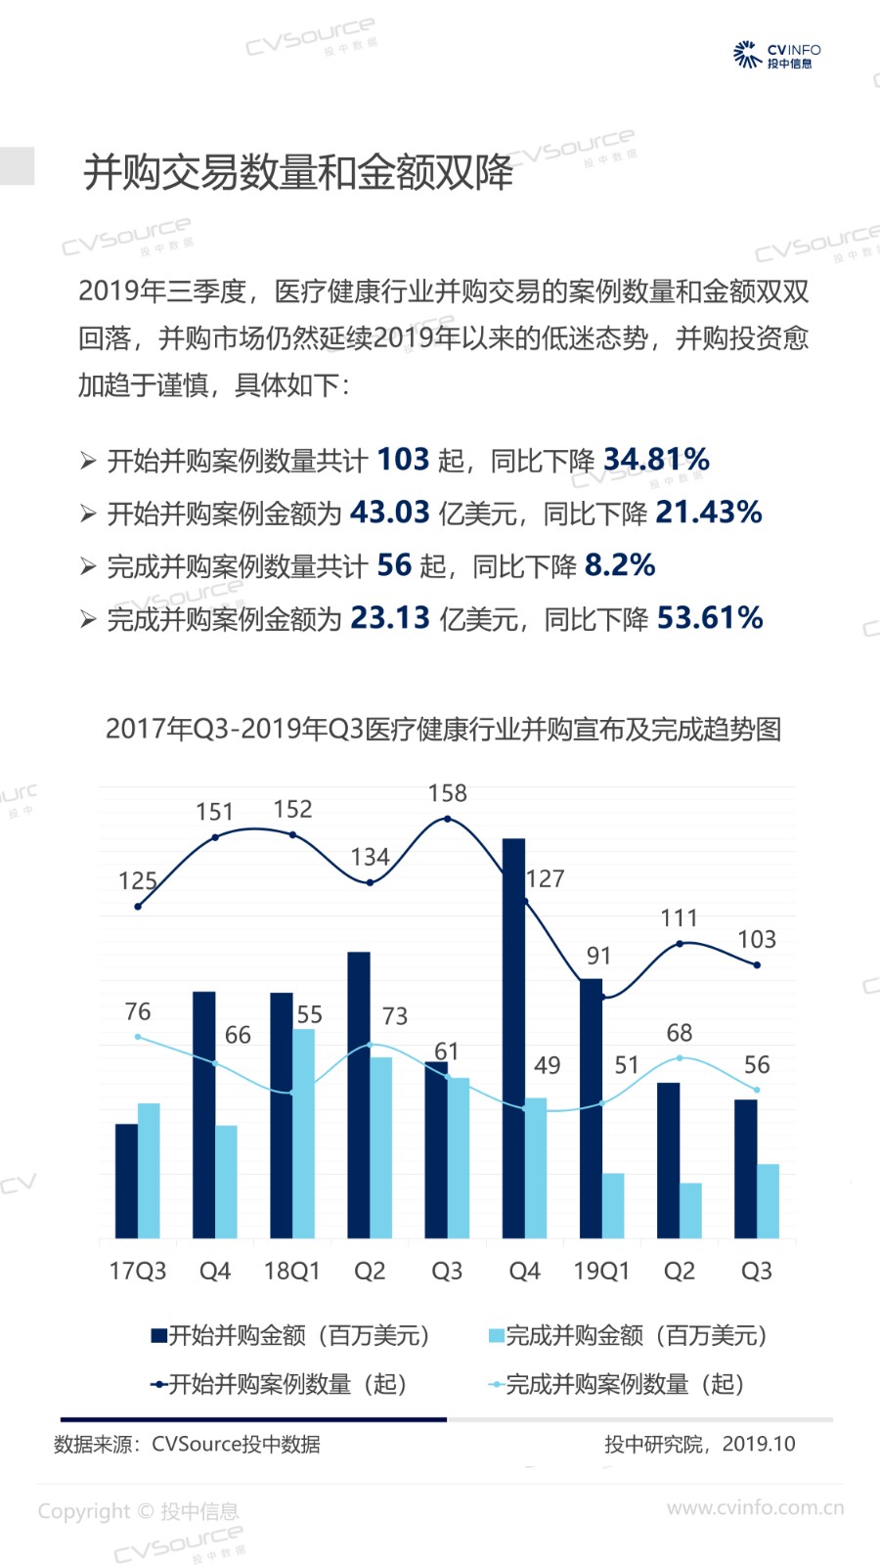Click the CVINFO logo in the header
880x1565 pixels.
777,55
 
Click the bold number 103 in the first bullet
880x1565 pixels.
403,459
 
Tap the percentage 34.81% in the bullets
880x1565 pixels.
656,459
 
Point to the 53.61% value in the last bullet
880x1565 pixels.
710,617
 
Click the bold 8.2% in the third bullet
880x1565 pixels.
620,564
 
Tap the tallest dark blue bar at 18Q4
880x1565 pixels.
513,1037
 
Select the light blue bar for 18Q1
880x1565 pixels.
304,1133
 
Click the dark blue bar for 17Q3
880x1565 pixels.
126,1181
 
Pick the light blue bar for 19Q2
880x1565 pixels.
690,1210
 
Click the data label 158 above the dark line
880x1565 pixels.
448,793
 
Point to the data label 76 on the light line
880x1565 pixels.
138,1011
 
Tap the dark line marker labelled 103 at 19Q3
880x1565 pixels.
757,964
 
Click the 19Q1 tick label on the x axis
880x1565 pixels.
601,1271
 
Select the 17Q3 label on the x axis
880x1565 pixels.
138,1271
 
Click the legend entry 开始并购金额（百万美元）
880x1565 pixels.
291,1335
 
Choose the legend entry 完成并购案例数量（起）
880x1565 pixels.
618,1384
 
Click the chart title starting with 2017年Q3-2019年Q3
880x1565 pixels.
443,729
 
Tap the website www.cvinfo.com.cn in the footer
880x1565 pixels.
755,1507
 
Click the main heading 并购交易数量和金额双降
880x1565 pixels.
298,172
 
